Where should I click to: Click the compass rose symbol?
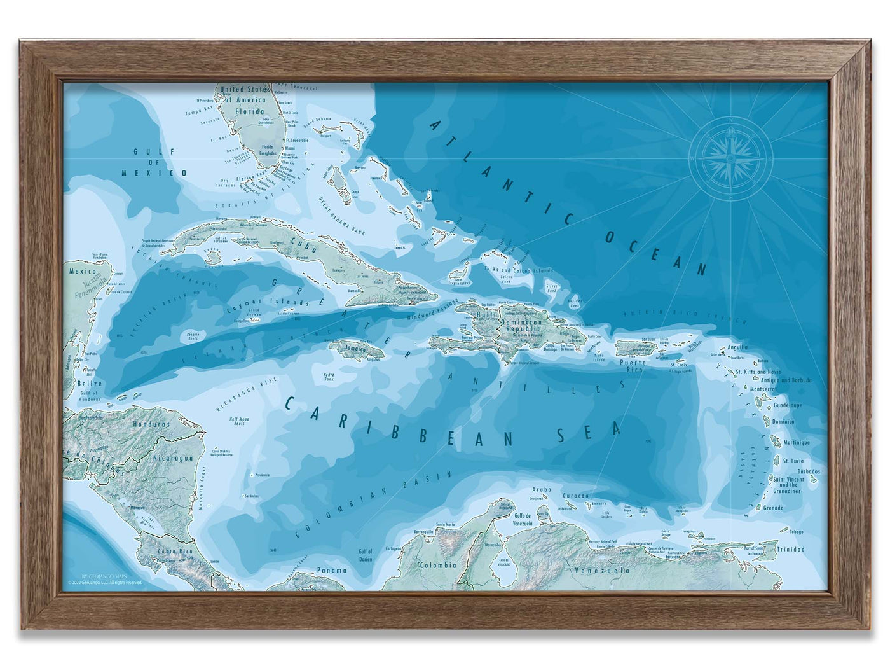(731, 157)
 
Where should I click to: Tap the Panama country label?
(332, 570)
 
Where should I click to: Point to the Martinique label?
(796, 442)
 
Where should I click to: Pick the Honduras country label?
(152, 423)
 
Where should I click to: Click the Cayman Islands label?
(253, 305)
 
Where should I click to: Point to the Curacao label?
(576, 495)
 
